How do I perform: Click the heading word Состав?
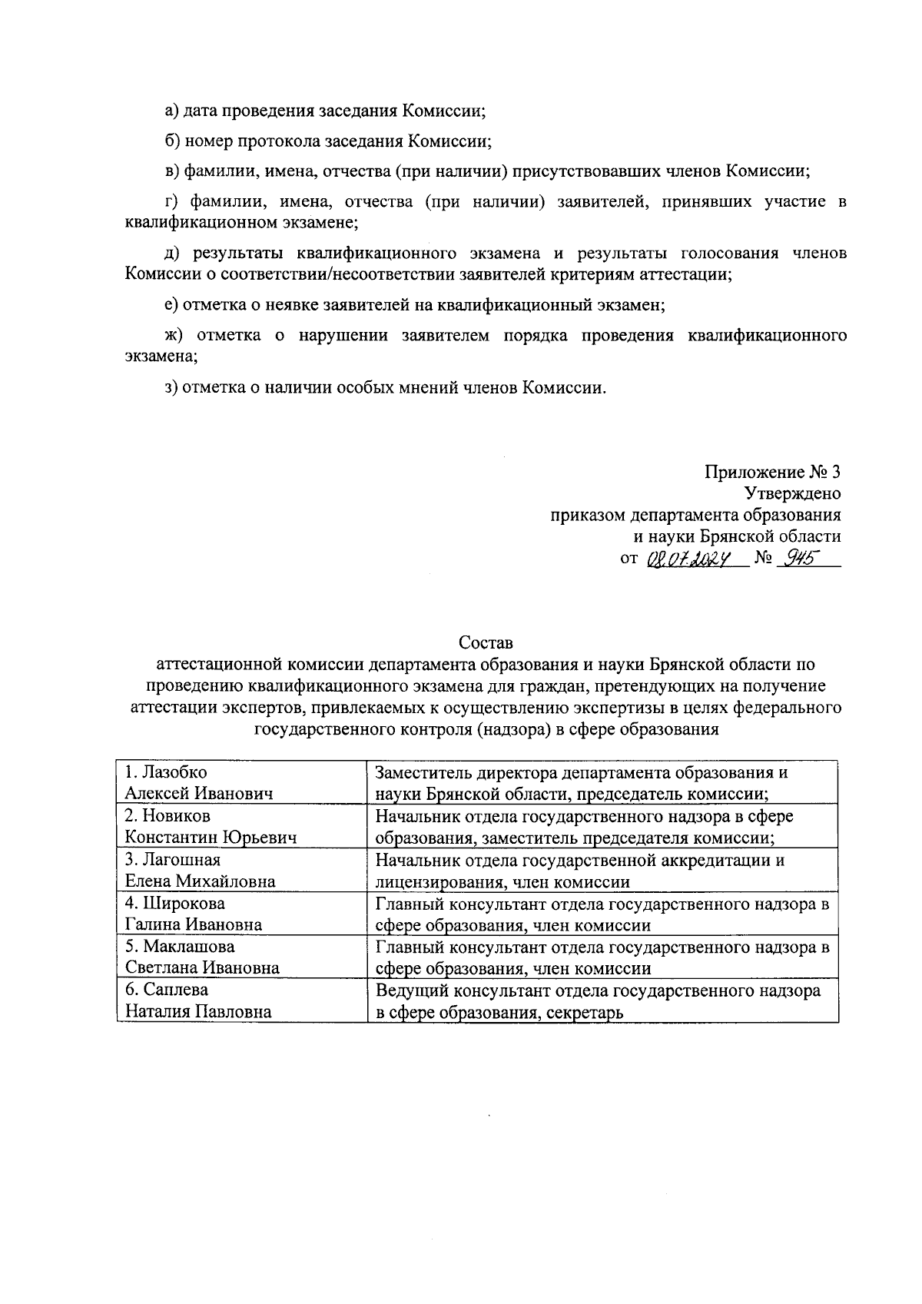point(485,642)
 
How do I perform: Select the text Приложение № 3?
point(772,471)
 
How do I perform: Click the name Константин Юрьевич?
point(211,838)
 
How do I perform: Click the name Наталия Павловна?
point(198,1012)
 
